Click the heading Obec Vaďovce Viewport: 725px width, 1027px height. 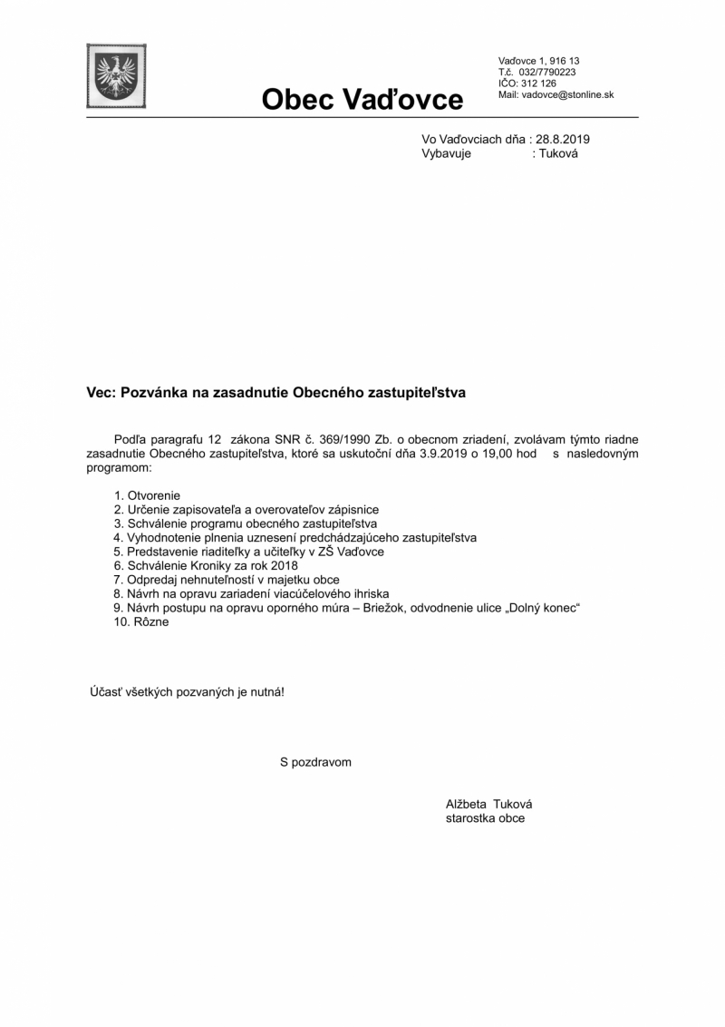[362, 99]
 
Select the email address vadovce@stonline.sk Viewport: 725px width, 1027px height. [568, 94]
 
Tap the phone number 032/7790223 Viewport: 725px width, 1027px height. [547, 72]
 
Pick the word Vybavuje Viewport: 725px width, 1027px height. [446, 153]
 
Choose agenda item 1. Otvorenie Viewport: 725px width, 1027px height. [147, 495]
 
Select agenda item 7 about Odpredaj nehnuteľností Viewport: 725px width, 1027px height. [226, 580]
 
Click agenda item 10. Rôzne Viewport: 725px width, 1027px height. [141, 622]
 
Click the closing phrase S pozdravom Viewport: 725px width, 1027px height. [315, 762]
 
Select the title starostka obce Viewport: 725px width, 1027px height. [485, 817]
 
